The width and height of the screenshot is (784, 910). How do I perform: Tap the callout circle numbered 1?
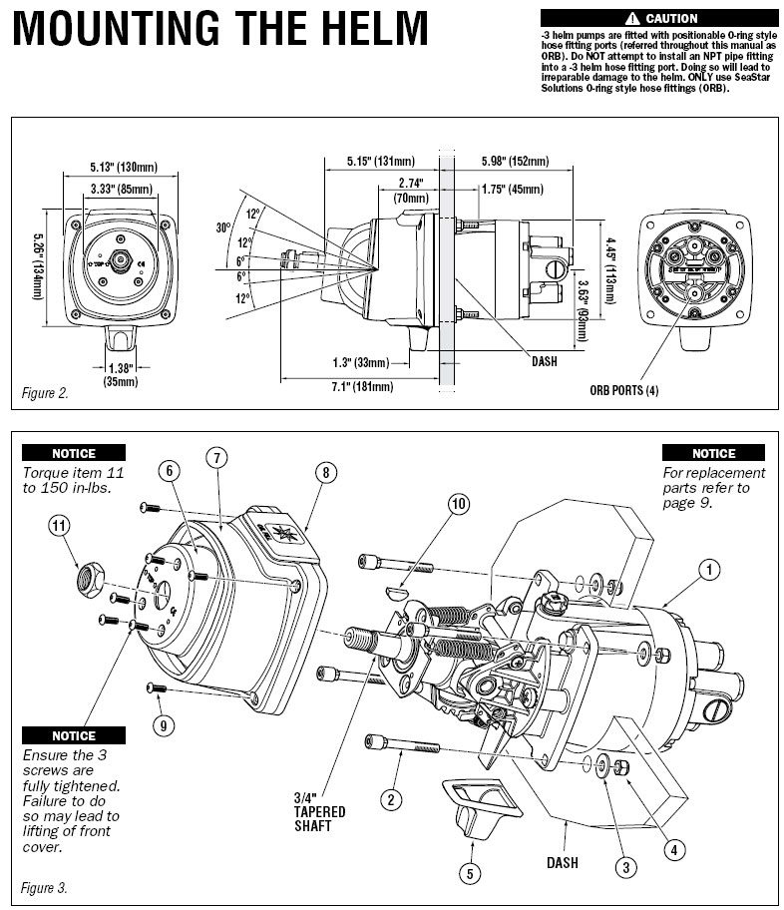click(708, 570)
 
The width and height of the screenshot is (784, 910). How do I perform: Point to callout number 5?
click(469, 871)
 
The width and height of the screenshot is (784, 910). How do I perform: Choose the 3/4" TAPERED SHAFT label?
click(319, 810)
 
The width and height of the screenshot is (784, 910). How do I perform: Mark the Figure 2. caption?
click(46, 393)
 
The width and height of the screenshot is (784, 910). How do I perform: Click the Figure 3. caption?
click(46, 886)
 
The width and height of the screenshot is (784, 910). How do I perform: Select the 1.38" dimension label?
click(119, 368)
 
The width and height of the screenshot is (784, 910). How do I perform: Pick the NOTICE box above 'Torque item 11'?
click(74, 452)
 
